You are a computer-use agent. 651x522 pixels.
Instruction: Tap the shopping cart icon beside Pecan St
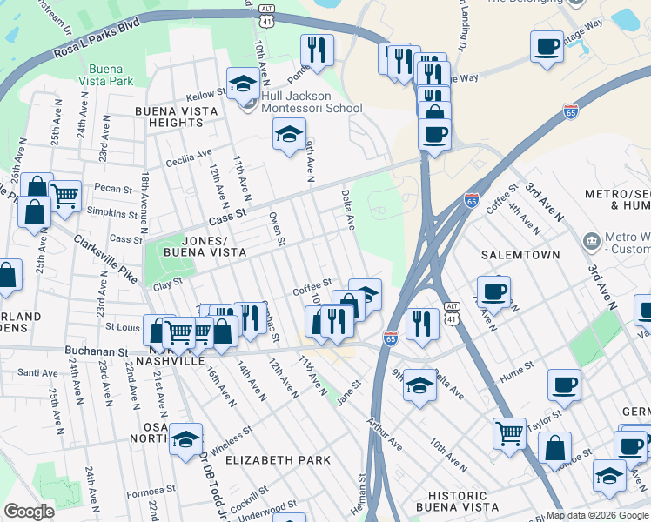(x=64, y=197)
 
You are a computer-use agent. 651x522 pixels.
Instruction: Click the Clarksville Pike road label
(x=105, y=259)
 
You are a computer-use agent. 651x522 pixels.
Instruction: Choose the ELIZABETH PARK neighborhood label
(x=279, y=459)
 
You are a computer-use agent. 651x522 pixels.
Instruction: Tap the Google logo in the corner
(x=29, y=512)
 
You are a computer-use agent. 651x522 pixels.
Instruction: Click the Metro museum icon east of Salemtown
(x=592, y=239)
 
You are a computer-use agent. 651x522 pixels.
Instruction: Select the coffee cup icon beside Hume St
(x=564, y=385)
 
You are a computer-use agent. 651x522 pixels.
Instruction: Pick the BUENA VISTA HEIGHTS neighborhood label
(x=169, y=117)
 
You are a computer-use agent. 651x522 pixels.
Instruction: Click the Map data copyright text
(x=597, y=515)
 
